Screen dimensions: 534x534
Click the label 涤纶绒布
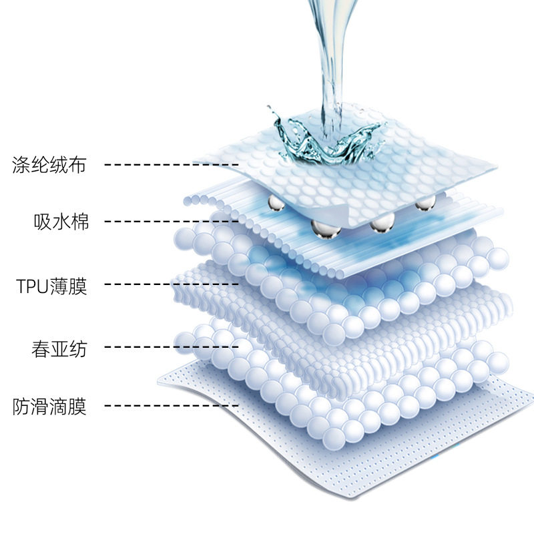(49, 164)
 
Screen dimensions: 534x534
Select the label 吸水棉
(61, 221)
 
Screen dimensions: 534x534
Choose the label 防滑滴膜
(49, 405)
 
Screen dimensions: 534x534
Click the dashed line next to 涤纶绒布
(172, 164)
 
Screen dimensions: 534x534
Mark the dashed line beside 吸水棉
(172, 221)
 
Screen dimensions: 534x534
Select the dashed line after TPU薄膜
(172, 285)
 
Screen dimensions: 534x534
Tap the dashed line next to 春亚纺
(172, 347)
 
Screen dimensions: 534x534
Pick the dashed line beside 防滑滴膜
(172, 405)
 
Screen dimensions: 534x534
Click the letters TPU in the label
(31, 286)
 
